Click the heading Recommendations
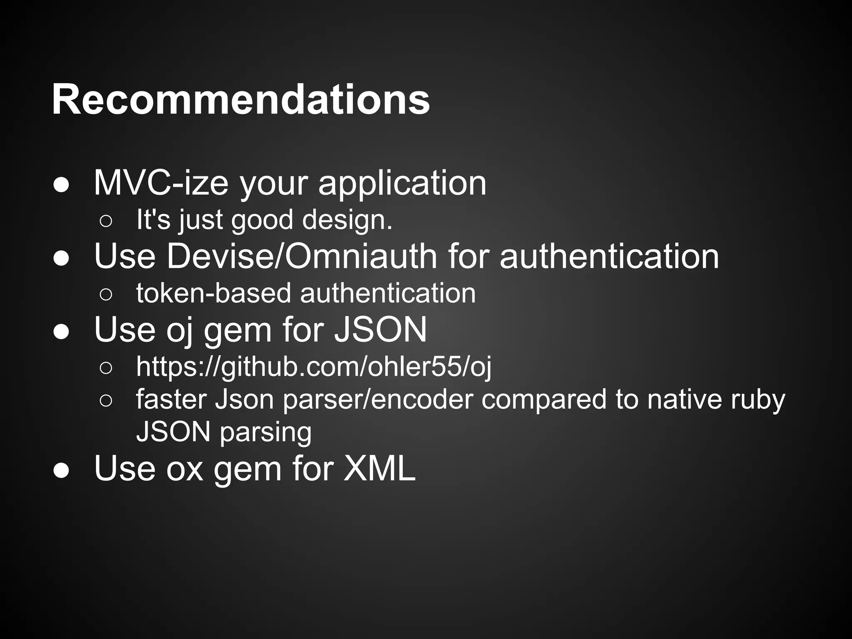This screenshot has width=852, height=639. point(240,100)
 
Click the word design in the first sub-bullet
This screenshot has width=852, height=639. point(347,220)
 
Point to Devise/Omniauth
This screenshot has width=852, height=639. point(302,256)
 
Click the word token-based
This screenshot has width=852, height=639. point(213,293)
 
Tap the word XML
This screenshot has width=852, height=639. point(379,468)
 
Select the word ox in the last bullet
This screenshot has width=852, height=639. point(185,469)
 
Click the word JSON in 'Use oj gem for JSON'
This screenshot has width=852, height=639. point(381,329)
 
